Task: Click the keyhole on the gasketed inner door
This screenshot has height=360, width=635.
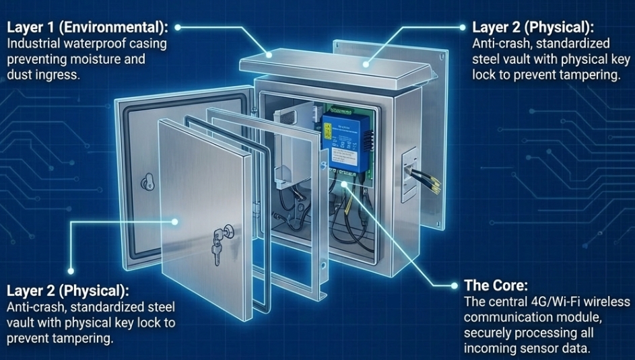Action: [147, 181]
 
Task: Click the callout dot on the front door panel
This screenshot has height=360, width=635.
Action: [174, 221]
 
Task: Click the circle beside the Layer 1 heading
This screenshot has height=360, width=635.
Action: [178, 28]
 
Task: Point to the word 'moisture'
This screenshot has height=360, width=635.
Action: [100, 59]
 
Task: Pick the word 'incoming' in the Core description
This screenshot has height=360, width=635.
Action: [490, 349]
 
